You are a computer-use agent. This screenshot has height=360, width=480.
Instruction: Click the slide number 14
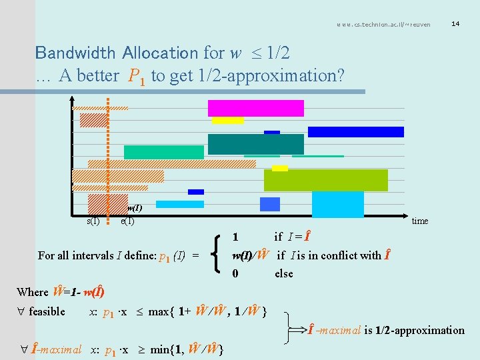coord(455,24)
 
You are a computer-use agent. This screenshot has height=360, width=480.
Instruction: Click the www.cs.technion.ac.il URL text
coord(383,25)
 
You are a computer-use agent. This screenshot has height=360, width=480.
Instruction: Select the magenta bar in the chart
coord(255,108)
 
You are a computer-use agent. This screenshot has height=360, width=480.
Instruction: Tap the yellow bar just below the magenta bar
coord(227,121)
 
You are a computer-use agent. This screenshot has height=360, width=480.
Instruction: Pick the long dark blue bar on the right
coord(355,132)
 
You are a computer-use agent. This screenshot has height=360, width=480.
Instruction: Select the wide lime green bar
coord(325,180)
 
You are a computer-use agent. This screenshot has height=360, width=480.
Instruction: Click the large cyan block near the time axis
coord(337,204)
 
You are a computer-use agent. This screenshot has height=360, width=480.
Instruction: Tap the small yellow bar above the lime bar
coord(280,168)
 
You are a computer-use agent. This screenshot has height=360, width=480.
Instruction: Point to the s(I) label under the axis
coord(93,221)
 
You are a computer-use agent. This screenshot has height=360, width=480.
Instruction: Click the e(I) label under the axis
coord(127,221)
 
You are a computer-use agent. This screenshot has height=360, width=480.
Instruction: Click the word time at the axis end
coord(420,221)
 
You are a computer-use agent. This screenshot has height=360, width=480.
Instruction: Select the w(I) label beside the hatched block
coord(135,207)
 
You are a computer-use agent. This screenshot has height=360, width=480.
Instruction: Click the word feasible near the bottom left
coord(47,311)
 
